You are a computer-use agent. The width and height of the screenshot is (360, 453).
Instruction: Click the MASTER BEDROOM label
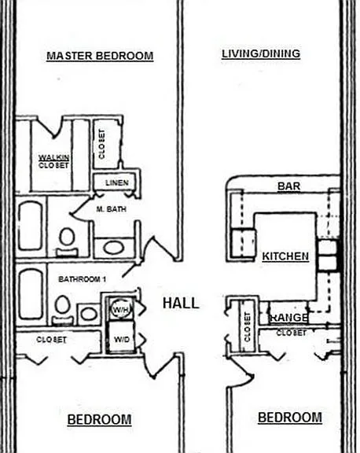point(100,56)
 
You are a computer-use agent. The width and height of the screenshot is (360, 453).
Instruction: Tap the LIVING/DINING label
point(261,53)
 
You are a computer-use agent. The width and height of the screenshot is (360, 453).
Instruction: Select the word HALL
point(181,303)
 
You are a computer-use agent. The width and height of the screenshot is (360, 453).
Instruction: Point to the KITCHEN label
point(285,256)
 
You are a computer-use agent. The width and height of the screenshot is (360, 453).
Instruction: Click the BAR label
point(289,186)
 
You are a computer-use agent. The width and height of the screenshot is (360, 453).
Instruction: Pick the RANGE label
point(288,318)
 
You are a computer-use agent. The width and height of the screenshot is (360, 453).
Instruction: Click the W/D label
point(122,340)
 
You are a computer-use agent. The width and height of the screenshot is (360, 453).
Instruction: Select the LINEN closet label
point(117,182)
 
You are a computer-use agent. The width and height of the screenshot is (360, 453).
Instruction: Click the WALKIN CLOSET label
point(53,161)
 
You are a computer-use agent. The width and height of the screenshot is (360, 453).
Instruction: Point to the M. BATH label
point(112,209)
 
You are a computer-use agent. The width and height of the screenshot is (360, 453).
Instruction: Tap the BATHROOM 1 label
point(83,279)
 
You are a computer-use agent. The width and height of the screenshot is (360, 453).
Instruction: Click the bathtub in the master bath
point(31,226)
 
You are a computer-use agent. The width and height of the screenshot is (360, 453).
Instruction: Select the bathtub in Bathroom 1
point(31,294)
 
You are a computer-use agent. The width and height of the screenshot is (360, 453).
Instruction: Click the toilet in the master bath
point(67,242)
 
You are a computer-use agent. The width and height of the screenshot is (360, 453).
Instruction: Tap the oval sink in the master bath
point(114,247)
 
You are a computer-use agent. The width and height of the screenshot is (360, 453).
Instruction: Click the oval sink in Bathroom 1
point(89,314)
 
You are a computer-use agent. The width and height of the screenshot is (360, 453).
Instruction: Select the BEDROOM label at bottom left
point(99,419)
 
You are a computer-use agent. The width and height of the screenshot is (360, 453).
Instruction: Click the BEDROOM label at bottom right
point(290,418)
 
